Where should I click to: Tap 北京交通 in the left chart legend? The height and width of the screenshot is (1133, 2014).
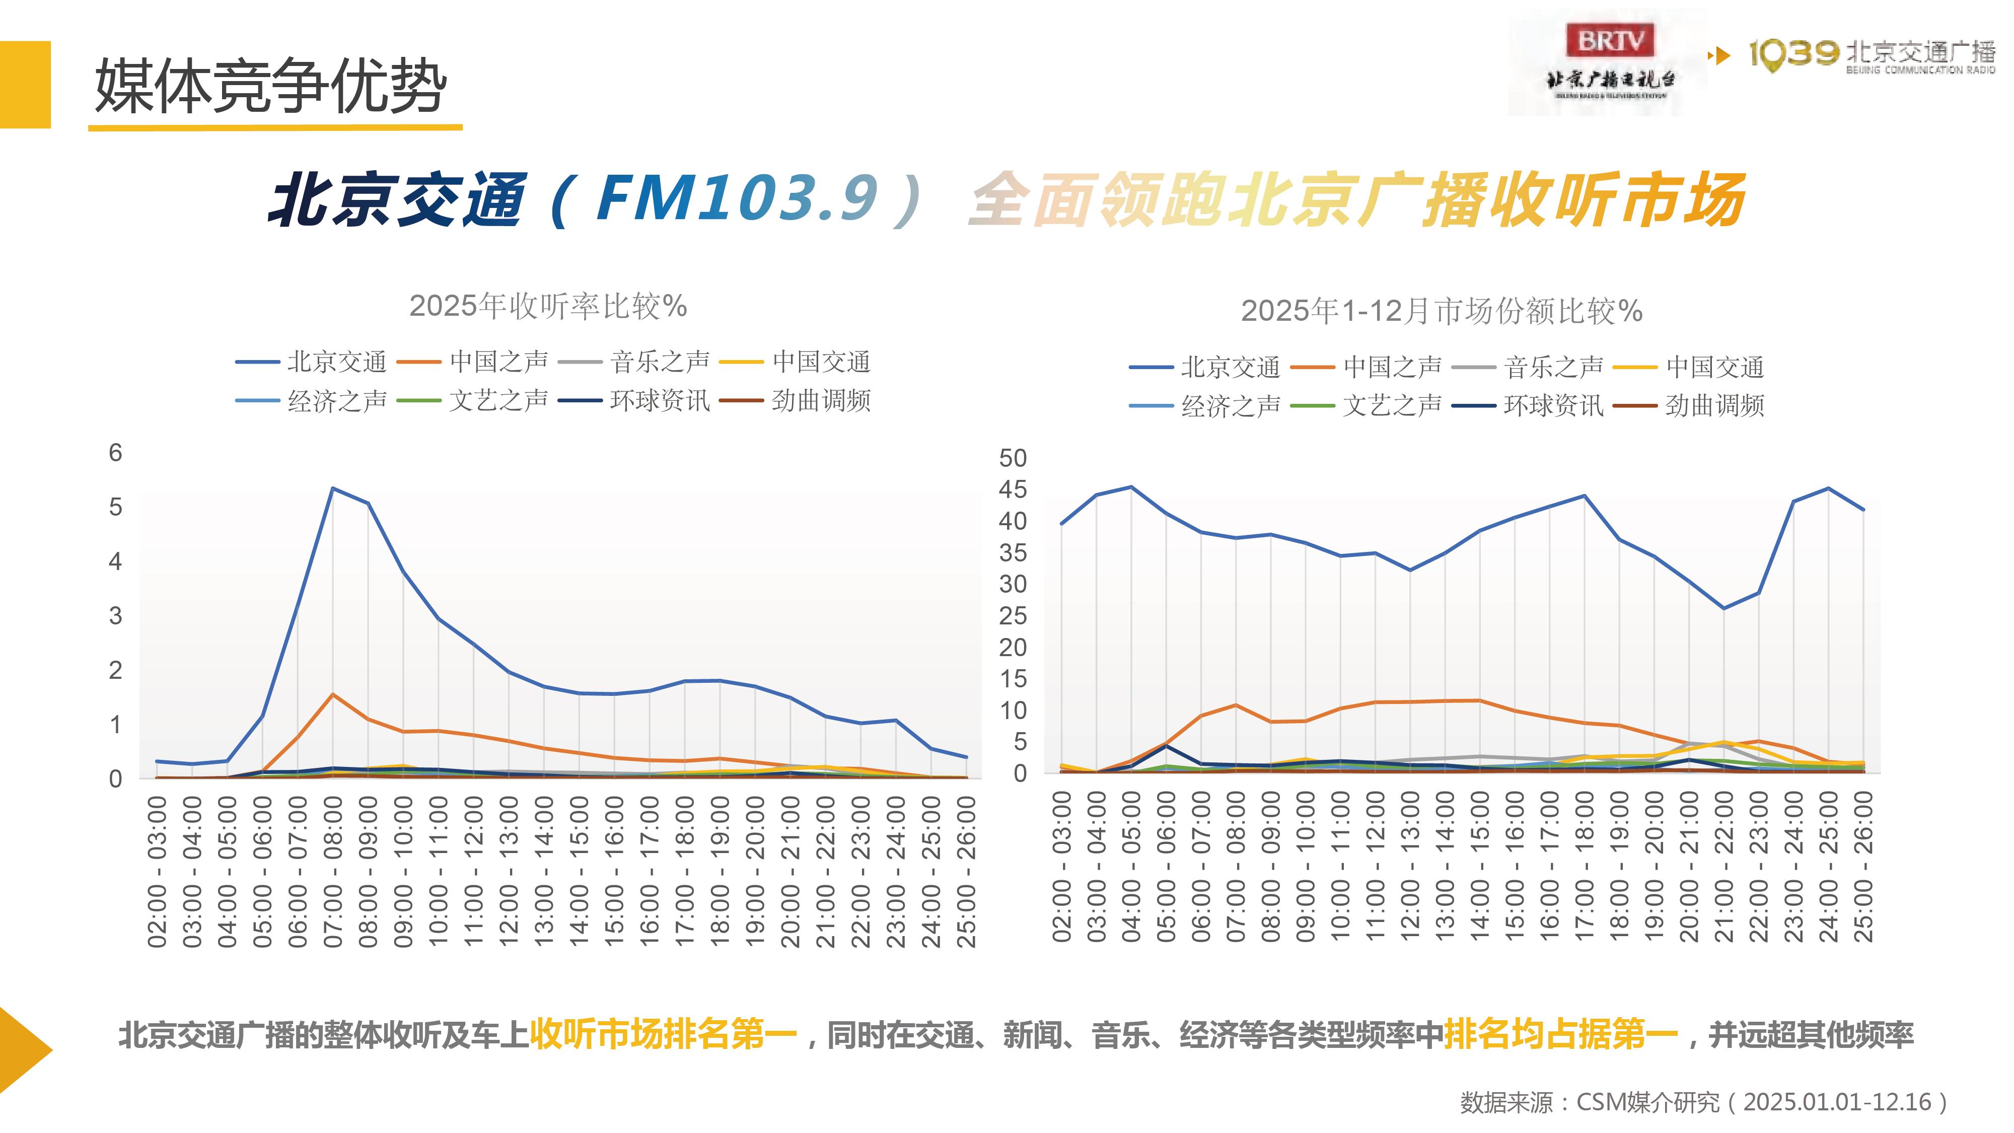click(x=336, y=362)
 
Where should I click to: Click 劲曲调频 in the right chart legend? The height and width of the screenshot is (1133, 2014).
click(x=1714, y=405)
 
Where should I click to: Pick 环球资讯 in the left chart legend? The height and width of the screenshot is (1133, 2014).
click(x=659, y=401)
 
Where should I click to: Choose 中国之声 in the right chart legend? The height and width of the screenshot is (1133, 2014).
click(x=1392, y=366)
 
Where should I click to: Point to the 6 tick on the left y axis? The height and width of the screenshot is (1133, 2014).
click(x=116, y=453)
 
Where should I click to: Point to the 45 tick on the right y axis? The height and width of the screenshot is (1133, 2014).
click(x=1013, y=489)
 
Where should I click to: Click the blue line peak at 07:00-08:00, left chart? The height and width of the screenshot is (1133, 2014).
click(x=333, y=488)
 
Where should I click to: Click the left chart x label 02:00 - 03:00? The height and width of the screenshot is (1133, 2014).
click(x=157, y=871)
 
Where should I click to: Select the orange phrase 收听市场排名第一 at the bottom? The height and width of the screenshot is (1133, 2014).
click(x=663, y=1034)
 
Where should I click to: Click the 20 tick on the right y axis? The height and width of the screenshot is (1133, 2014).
click(x=1013, y=648)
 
